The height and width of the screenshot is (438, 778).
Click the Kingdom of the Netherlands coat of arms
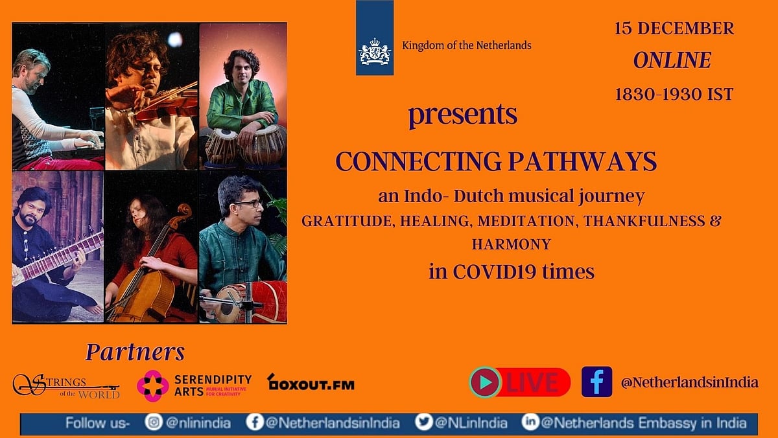[375, 52]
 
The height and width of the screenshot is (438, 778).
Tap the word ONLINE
[672, 60]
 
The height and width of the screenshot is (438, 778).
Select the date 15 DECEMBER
[674, 29]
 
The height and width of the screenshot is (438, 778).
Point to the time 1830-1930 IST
[674, 94]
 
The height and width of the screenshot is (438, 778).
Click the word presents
[463, 115]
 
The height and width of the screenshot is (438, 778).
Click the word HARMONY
[512, 244]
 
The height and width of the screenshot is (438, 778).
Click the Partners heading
[135, 352]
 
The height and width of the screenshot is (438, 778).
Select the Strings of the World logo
[66, 386]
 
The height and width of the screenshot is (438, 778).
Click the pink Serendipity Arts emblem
[153, 386]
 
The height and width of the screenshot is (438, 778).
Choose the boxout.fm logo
[311, 382]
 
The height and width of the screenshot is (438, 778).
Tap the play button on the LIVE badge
[485, 382]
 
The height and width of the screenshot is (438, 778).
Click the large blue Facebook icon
[596, 382]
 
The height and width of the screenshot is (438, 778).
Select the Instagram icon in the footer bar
[154, 422]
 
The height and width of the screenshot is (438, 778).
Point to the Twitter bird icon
[424, 422]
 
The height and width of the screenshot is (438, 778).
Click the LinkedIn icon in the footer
[530, 422]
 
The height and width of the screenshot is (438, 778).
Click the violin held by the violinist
[163, 103]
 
